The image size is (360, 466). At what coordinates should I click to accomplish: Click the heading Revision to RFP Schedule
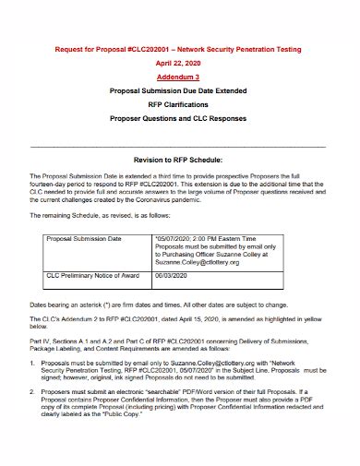point(180,158)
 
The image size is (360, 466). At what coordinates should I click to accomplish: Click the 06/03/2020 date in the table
point(174,275)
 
